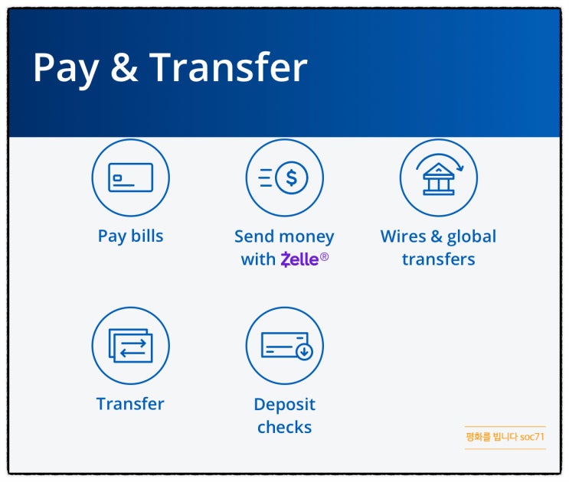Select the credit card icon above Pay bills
[x=130, y=177]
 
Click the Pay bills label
[x=130, y=236]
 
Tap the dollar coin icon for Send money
[x=291, y=177]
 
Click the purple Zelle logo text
[x=299, y=259]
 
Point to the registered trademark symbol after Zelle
[x=325, y=257]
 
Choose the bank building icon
[x=438, y=181]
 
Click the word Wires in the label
[x=404, y=236]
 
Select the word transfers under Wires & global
[x=438, y=259]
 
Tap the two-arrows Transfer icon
[x=130, y=346]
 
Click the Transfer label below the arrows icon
[x=130, y=403]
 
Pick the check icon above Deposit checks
[x=284, y=346]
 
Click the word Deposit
[x=284, y=404]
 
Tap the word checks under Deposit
[x=284, y=427]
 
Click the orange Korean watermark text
[x=505, y=437]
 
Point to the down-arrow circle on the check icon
[x=304, y=352]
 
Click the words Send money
[x=284, y=236]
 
